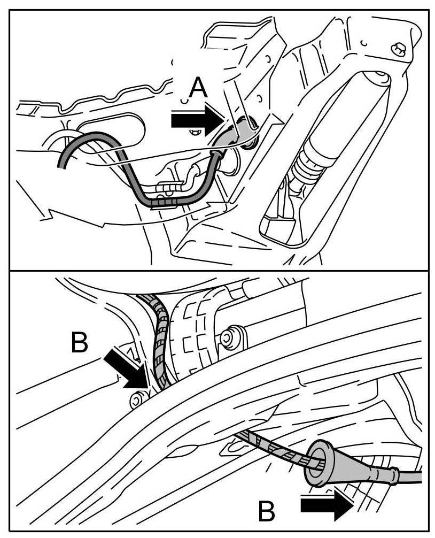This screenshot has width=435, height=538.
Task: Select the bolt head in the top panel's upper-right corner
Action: tap(398, 49)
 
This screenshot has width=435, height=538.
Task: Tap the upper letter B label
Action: tap(79, 343)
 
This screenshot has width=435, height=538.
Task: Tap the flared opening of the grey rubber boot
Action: tap(316, 458)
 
